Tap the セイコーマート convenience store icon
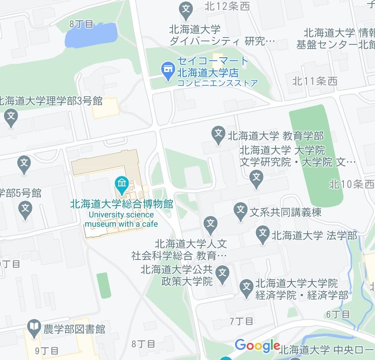[x=168, y=71]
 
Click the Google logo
[x=257, y=346]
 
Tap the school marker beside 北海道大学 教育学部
[x=218, y=134]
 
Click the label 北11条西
[x=314, y=81]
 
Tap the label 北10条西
[x=351, y=184]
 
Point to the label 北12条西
[x=227, y=6]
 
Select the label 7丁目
[x=241, y=321]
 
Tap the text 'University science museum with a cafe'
[x=121, y=219]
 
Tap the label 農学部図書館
[x=74, y=328]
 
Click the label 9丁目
[x=47, y=351]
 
